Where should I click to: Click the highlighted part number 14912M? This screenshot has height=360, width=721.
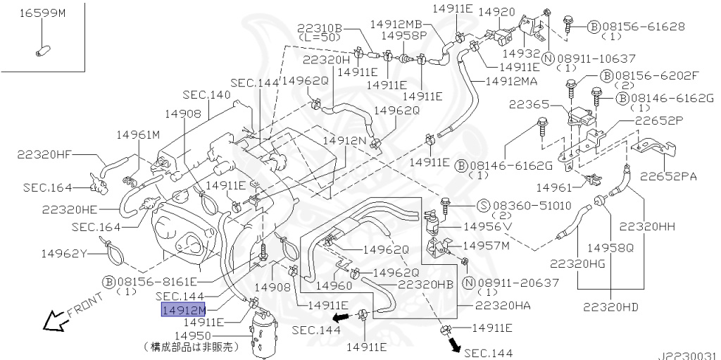pos(183,311)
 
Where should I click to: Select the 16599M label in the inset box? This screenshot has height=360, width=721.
pos(42,13)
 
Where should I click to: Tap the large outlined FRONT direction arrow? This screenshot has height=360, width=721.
pos(55,320)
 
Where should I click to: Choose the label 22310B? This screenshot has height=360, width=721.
pos(319,28)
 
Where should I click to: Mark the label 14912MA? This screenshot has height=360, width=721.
pos(511,81)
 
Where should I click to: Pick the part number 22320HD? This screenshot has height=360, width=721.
pos(610,306)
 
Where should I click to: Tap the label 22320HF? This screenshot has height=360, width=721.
pos(45,154)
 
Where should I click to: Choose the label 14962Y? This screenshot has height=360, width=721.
pos(64,253)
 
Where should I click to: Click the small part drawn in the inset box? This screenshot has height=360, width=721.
pos(43,50)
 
